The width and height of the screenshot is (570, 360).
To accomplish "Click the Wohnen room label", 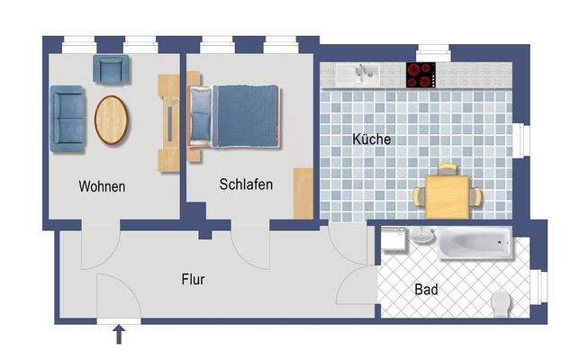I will (102, 187).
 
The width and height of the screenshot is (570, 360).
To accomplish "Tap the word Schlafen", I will (245, 184).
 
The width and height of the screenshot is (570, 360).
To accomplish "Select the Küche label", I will (371, 140).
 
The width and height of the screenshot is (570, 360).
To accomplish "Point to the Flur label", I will (193, 280).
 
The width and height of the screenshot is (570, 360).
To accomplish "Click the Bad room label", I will (426, 290).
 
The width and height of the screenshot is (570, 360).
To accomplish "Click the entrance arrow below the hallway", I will (118, 336).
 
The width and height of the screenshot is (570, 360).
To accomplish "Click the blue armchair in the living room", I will (112, 68).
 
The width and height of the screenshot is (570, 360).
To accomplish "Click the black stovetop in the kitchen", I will (421, 75).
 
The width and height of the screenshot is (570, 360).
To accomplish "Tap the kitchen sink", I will (363, 73).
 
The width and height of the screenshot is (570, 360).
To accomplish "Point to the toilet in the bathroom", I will (502, 302).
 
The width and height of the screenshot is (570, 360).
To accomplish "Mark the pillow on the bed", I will (200, 114).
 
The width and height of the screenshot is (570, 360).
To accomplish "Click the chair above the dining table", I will (447, 169).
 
